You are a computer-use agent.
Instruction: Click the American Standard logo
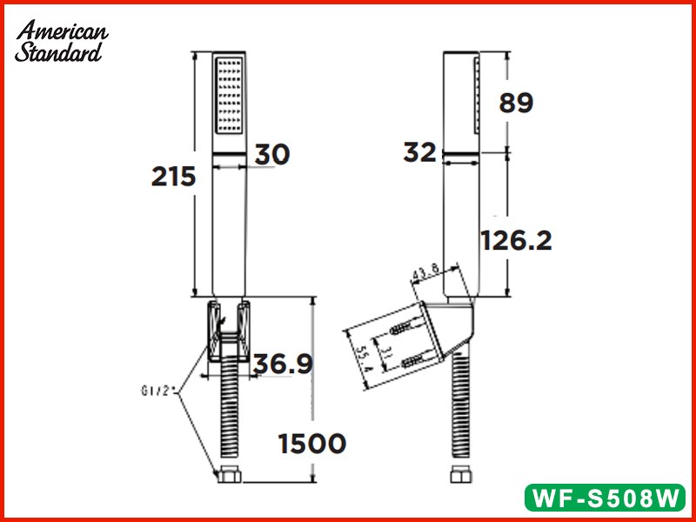click(62, 41)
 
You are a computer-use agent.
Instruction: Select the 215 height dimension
click(173, 177)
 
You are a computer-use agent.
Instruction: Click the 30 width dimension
click(271, 154)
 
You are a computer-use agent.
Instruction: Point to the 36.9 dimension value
click(282, 365)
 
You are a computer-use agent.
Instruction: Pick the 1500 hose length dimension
click(311, 444)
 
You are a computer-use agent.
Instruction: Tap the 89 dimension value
click(516, 103)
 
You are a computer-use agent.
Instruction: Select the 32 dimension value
click(419, 153)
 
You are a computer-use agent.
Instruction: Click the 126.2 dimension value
click(517, 239)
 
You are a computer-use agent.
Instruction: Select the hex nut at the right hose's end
click(458, 476)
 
